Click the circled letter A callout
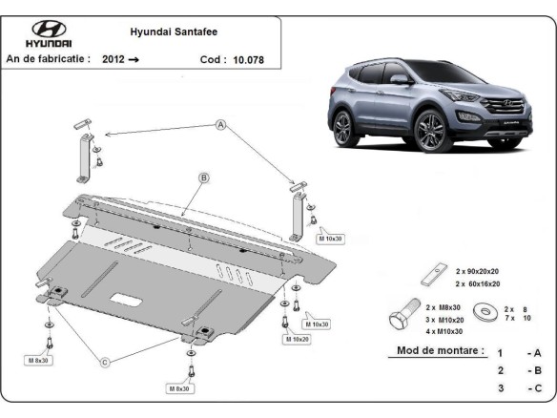coord(220,125)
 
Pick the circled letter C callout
coord(105,361)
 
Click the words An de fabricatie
coord(49,59)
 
